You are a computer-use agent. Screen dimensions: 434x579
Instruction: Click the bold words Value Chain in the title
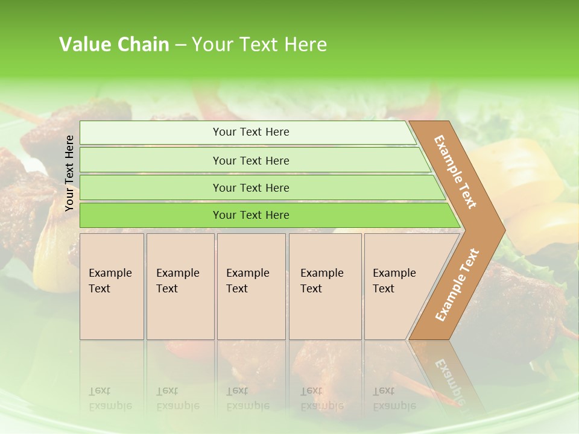[x=114, y=45]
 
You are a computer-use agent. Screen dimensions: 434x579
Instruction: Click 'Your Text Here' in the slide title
[x=259, y=45]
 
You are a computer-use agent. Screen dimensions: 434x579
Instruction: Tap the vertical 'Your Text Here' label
[x=69, y=174]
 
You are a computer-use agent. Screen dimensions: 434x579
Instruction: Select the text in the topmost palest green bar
[x=251, y=132]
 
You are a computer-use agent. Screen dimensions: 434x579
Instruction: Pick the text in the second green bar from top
[x=251, y=161]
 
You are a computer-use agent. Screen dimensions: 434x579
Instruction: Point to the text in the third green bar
[x=251, y=188]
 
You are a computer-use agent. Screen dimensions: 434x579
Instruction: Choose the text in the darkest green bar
[x=251, y=215]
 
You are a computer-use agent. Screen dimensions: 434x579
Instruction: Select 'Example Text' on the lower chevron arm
[x=457, y=285]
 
